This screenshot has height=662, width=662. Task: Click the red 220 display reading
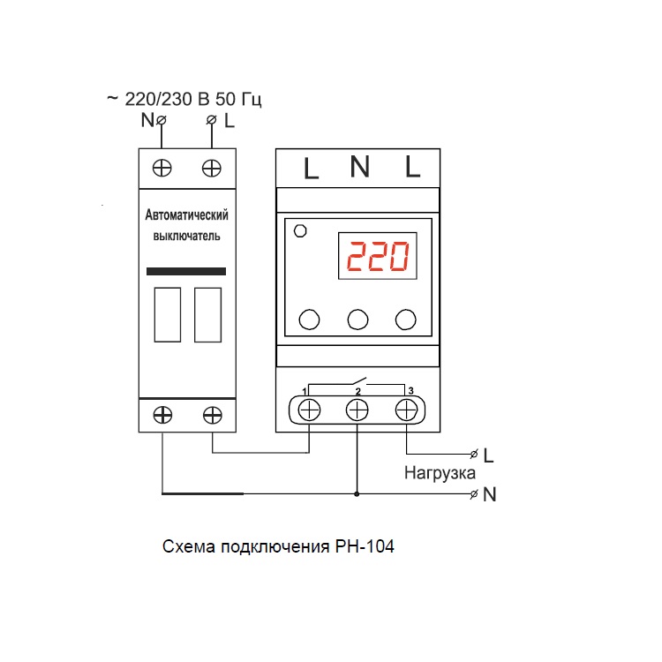click(378, 256)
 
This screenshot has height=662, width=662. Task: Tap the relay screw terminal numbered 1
click(309, 410)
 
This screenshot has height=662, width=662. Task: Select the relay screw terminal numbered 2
click(357, 410)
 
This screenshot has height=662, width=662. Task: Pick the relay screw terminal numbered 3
click(406, 410)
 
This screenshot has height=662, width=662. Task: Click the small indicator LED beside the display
click(300, 231)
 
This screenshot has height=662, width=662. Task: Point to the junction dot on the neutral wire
click(357, 493)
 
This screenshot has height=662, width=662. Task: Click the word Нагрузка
click(440, 473)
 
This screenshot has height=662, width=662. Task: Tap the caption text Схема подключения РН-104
click(278, 546)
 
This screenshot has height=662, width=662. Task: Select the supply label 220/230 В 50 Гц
click(193, 99)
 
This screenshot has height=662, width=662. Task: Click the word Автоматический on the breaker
click(186, 214)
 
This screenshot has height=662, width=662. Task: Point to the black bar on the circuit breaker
click(186, 272)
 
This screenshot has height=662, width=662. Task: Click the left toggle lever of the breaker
click(168, 315)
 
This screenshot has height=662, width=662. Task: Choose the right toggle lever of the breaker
click(207, 315)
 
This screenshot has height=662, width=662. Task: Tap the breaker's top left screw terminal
click(162, 169)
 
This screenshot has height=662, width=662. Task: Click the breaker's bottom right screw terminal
click(213, 415)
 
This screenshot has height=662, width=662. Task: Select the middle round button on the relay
click(357, 320)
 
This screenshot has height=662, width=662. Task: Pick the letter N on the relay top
click(360, 166)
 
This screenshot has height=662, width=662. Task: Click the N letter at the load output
click(490, 494)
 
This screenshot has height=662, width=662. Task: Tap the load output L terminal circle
click(474, 455)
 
